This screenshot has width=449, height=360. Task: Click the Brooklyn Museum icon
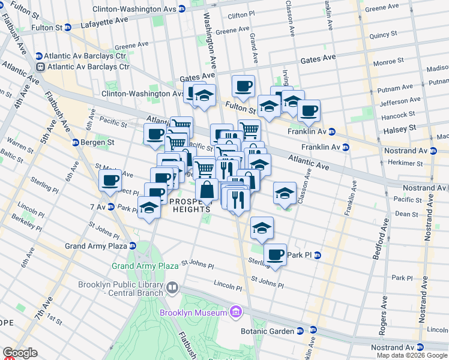pyautogui.click(x=236, y=312)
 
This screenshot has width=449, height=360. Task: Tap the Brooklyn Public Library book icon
pyautogui.click(x=173, y=289)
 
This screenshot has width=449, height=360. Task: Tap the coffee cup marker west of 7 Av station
pyautogui.click(x=110, y=180)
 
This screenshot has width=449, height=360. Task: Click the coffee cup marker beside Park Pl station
pyautogui.click(x=276, y=254)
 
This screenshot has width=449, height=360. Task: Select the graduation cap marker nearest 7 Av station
pyautogui.click(x=149, y=208)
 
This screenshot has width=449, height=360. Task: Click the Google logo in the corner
pyautogui.click(x=20, y=353)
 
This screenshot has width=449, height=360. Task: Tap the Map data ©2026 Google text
pyautogui.click(x=412, y=355)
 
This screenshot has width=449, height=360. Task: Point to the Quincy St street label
pyautogui.click(x=384, y=35)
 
